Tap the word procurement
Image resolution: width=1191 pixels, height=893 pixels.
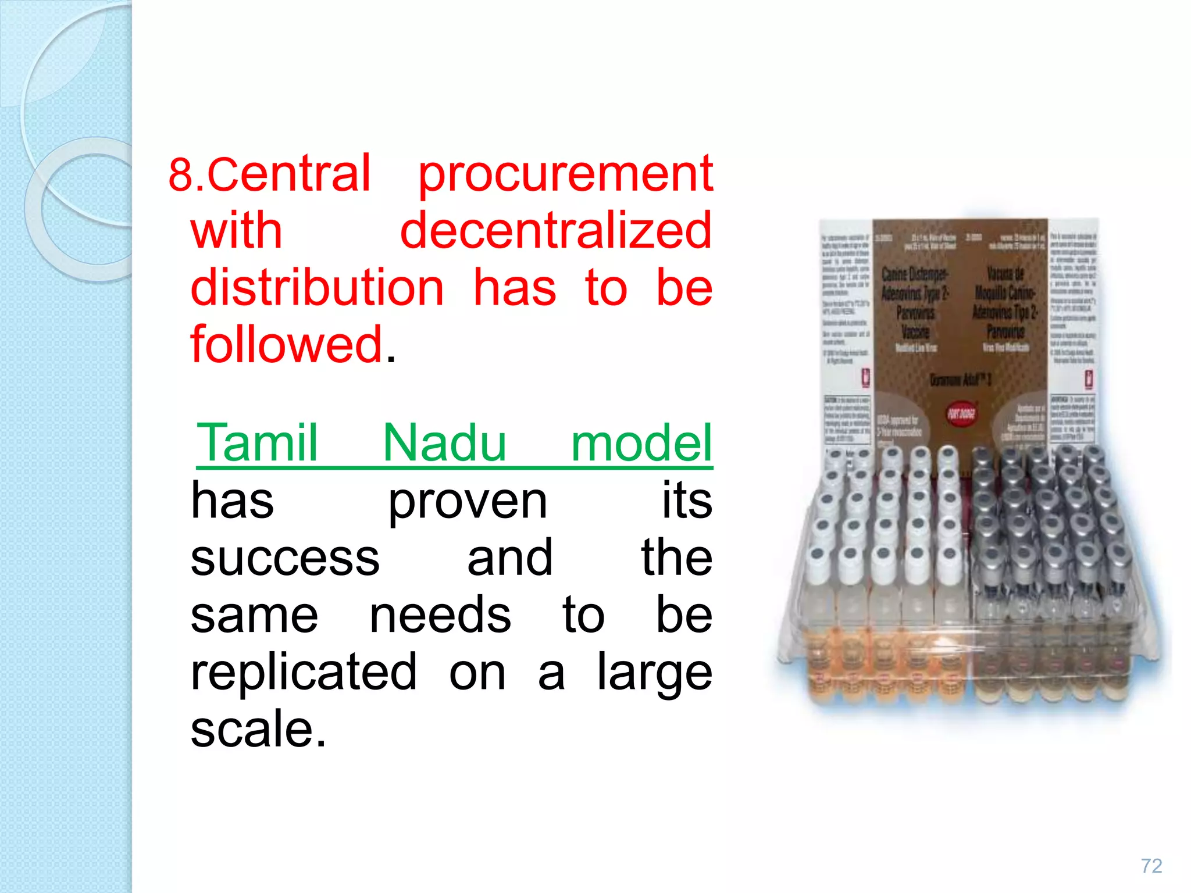[x=565, y=174]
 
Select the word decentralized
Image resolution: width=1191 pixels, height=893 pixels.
[x=556, y=231]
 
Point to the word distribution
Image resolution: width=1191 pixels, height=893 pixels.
[x=318, y=288]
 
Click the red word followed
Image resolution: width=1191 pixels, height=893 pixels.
[x=287, y=344]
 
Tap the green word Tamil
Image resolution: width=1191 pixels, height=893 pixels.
[x=258, y=443]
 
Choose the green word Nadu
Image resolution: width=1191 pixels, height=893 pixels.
[x=444, y=443]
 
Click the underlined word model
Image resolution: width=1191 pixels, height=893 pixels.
[x=641, y=443]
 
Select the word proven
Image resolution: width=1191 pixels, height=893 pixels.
[x=468, y=502]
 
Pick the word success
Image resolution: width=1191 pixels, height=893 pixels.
[x=285, y=558]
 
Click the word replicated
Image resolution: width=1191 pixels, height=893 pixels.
[x=304, y=672]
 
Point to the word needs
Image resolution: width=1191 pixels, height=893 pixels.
[x=440, y=615]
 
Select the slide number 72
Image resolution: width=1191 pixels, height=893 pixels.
[x=1151, y=866]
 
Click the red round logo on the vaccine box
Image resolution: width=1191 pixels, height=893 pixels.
[x=961, y=414]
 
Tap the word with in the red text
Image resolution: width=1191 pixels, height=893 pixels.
[x=236, y=231]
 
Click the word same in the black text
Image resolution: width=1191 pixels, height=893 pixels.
[x=254, y=615]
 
